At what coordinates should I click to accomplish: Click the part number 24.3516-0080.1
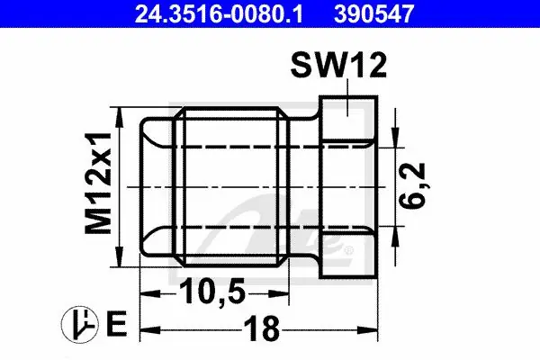pyautogui.click(x=219, y=13)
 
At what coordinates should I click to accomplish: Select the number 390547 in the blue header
pyautogui.click(x=373, y=13)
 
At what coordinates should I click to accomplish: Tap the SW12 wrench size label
pyautogui.click(x=339, y=66)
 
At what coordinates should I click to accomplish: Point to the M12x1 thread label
pyautogui.click(x=98, y=183)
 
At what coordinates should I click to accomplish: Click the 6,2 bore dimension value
pyautogui.click(x=412, y=186)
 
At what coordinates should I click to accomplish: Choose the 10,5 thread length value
pyautogui.click(x=212, y=291)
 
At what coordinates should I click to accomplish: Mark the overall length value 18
pyautogui.click(x=262, y=328)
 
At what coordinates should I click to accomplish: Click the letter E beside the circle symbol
pyautogui.click(x=117, y=324)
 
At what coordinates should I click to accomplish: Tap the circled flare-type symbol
pyautogui.click(x=79, y=324)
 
